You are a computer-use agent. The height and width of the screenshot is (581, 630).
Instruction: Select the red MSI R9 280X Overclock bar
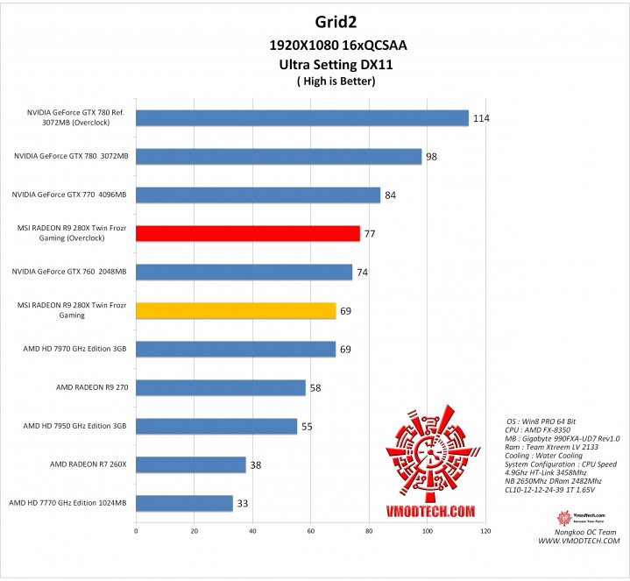pyautogui.click(x=248, y=233)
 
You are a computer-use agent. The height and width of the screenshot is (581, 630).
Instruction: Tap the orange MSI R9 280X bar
pyautogui.click(x=236, y=310)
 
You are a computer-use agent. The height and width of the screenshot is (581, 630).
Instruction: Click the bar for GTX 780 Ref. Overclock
pyautogui.click(x=302, y=118)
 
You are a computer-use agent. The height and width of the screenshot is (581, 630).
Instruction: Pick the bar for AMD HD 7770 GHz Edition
pyautogui.click(x=184, y=503)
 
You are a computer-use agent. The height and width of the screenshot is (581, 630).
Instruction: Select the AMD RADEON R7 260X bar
pyautogui.click(x=191, y=464)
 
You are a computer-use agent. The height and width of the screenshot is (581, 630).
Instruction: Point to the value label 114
pyautogui.click(x=480, y=118)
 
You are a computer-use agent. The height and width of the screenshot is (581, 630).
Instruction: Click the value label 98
pyautogui.click(x=432, y=157)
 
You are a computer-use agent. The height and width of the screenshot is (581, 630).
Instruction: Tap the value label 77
pyautogui.click(x=371, y=234)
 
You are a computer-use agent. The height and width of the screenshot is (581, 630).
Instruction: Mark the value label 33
pyautogui.click(x=243, y=503)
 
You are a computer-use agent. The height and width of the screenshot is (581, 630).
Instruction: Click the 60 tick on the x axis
pyautogui.click(x=311, y=530)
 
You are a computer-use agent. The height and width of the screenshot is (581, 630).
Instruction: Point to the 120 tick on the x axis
pyautogui.click(x=485, y=530)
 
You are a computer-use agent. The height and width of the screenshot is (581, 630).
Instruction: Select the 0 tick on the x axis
pyautogui.click(x=136, y=530)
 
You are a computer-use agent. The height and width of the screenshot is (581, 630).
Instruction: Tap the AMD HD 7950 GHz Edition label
pyautogui.click(x=75, y=426)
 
